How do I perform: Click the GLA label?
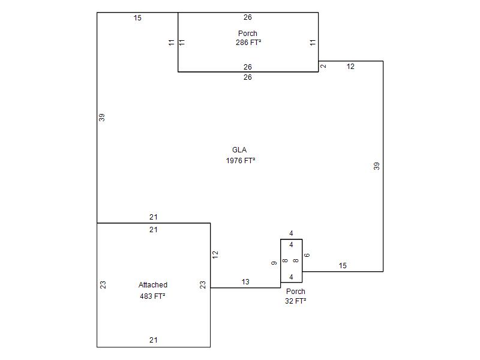239,150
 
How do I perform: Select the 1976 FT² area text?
241,161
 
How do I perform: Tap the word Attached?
153,285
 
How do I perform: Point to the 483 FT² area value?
152,296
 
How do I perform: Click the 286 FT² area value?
248,43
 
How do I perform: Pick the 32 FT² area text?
295,301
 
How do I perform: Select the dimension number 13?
245,282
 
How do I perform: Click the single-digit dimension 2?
323,66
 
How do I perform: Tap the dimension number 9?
274,263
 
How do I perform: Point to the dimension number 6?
307,256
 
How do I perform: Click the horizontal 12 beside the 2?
350,67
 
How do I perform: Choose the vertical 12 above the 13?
215,254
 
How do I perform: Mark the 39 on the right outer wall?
377,166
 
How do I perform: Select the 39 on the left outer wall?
102,118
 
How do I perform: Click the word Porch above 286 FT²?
248,34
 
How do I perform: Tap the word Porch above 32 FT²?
295,292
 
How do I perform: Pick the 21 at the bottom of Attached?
154,340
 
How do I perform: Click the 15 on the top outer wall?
137,18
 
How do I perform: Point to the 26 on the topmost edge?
248,17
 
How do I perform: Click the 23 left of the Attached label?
103,285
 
